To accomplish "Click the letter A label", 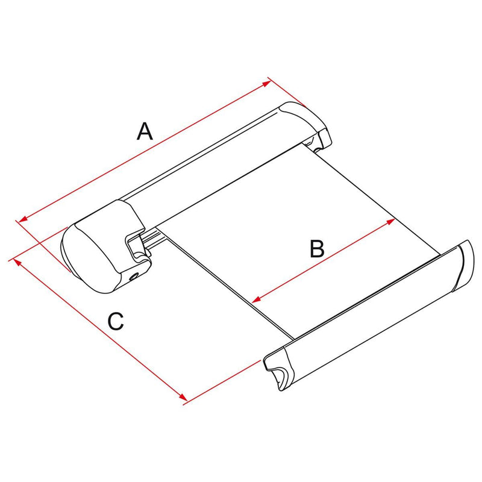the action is coord(145,131).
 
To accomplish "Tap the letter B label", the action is coord(317,249).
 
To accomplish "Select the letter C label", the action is coord(116,321).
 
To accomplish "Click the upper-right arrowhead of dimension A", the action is coord(266,84).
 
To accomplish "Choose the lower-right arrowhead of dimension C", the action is coord(183,396).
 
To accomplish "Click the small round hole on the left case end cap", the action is coord(133,278).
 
